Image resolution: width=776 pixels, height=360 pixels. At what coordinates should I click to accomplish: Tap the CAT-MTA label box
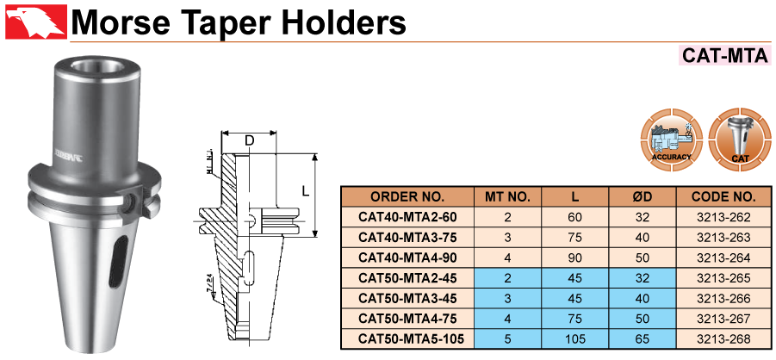point(724,56)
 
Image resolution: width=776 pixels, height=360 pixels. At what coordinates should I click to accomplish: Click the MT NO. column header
point(507,196)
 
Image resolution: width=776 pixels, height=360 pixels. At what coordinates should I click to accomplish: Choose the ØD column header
point(643,196)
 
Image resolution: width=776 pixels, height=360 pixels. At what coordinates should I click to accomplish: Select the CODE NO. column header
point(723,196)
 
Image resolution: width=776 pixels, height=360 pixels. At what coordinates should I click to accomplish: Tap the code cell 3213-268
point(723,340)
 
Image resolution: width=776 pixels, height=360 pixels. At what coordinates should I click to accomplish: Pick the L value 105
point(575,340)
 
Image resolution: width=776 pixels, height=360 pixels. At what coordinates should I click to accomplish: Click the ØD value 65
point(643,340)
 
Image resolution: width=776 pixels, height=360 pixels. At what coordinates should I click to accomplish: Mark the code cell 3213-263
point(723,237)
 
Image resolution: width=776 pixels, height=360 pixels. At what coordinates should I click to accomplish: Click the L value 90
point(575,258)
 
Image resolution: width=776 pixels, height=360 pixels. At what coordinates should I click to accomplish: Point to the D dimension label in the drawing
point(249,140)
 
